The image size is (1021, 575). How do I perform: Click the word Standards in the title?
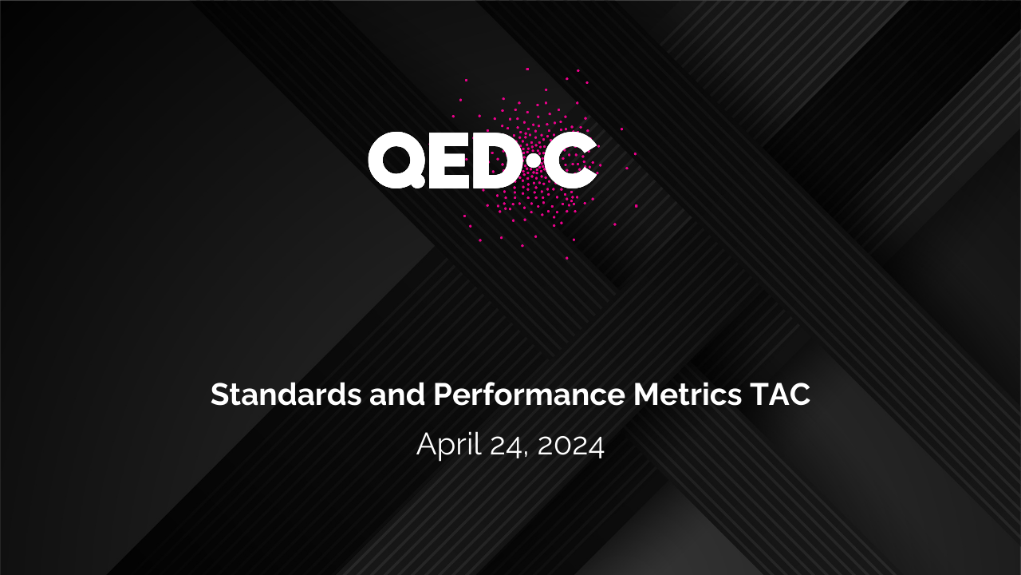[x=286, y=395]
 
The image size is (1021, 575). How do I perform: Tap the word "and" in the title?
[x=397, y=395]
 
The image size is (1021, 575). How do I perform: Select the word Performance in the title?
[x=529, y=395]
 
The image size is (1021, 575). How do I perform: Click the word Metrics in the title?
[x=688, y=395]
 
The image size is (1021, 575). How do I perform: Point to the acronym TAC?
[x=780, y=395]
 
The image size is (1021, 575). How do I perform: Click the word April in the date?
[x=449, y=445]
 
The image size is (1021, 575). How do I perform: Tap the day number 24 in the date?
[x=506, y=446]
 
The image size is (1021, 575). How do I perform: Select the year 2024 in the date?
[x=570, y=446]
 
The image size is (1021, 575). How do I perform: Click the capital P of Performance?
[x=442, y=395]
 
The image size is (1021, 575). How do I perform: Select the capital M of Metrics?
[x=647, y=395]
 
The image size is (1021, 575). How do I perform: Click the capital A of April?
[x=427, y=443]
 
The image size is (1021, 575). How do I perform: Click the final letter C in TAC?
[x=800, y=395]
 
